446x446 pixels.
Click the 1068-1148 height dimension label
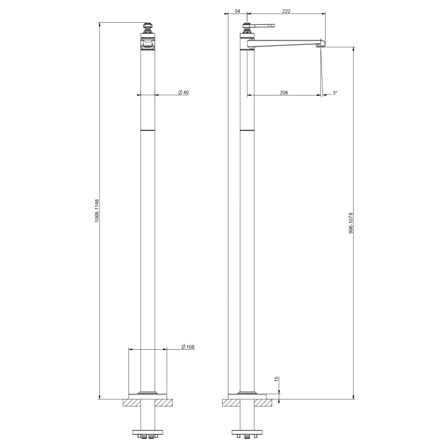tap(97, 211)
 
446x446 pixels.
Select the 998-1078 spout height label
tap(351, 223)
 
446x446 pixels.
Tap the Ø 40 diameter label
tap(183, 92)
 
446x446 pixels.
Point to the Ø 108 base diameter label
tap(188, 347)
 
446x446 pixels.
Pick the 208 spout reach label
tap(284, 92)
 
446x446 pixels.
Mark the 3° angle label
tap(335, 93)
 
